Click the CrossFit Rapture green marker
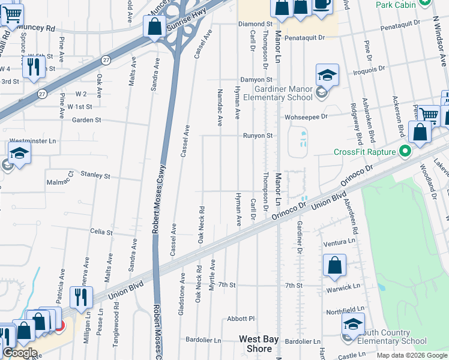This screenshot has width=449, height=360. point(405,151)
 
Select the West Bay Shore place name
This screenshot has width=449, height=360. point(259,344)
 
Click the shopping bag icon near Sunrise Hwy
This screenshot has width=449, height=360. point(154,27)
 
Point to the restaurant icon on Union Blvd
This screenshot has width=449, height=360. point(80,297)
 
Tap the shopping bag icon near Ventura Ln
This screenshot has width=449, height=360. point(334,265)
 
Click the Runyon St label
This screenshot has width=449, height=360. point(258,136)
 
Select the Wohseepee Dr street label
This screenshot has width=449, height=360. point(307,116)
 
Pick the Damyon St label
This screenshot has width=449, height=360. point(256,79)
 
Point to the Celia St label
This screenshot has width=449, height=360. point(101,232)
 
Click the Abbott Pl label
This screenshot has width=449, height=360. point(241,319)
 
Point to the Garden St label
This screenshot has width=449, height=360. point(86,120)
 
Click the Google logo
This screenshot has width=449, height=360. point(20,353)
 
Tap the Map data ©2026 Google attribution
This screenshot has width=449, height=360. point(412,355)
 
